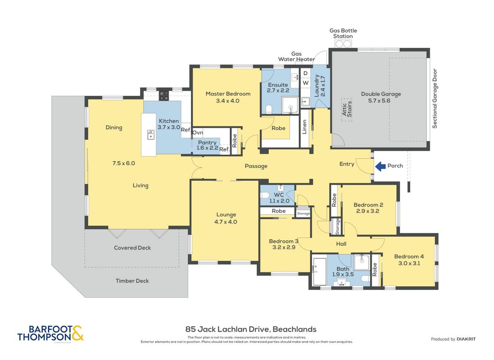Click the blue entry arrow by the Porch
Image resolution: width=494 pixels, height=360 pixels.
(x=380, y=166)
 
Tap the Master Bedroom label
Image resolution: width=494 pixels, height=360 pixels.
(x=228, y=94)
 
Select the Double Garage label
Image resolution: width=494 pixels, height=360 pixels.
(x=381, y=94)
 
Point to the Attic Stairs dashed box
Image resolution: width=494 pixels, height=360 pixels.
(x=347, y=109)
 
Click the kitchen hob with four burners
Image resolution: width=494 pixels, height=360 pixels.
(x=163, y=95)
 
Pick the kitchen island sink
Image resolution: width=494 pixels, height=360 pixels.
(x=151, y=135)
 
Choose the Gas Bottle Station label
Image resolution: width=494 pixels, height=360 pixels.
(x=343, y=33)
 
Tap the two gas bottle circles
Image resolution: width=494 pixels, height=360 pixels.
(x=343, y=44)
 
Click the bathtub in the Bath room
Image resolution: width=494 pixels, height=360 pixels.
(x=319, y=271)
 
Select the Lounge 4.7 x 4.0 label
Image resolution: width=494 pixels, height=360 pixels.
(x=226, y=218)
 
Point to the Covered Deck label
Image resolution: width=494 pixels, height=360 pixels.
(x=132, y=248)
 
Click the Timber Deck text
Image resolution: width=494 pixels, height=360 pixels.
(x=132, y=281)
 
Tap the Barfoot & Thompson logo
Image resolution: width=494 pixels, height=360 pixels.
(x=50, y=333)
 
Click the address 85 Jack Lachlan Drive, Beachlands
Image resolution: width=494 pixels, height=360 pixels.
(x=251, y=329)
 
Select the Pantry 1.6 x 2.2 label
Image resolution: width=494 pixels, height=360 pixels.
(x=207, y=145)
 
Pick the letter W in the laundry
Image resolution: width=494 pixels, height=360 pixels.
(x=306, y=83)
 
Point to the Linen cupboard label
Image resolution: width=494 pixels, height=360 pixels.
(x=304, y=127)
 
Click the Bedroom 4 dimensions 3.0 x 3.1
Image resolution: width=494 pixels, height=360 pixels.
(x=409, y=263)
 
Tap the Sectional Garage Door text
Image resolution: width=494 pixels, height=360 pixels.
(x=435, y=99)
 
